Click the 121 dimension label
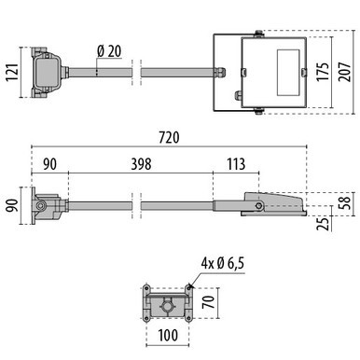[x=11, y=71]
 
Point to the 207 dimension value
[x=347, y=71]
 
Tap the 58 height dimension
[x=346, y=201]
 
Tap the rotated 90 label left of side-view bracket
[x=11, y=204]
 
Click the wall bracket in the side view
[x=46, y=204]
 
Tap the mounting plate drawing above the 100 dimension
[x=167, y=301]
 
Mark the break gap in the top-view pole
[x=137, y=70]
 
